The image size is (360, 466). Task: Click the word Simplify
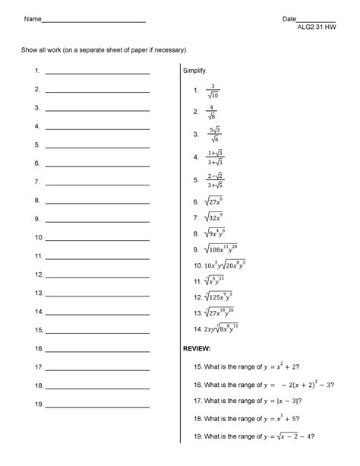click(195, 70)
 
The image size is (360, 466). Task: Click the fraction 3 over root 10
click(214, 91)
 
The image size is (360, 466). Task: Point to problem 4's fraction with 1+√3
click(215, 157)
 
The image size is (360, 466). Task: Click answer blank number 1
click(97, 72)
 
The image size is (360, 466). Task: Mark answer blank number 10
click(97, 238)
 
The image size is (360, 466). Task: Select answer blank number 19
click(97, 404)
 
